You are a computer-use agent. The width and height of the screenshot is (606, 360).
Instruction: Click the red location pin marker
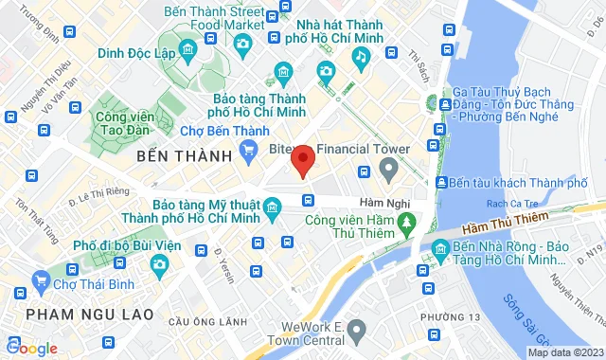(x=302, y=160)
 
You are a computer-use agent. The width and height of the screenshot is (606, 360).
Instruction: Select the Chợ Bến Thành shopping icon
(x=249, y=148)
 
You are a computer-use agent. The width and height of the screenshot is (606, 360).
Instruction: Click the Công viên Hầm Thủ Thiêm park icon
(x=406, y=223)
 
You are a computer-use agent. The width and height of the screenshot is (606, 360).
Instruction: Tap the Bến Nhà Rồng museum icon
(x=439, y=251)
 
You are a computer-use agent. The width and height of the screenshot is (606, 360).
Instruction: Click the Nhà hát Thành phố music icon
(x=360, y=57)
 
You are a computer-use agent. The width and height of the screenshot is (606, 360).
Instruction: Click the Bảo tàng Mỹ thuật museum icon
(x=272, y=207)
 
